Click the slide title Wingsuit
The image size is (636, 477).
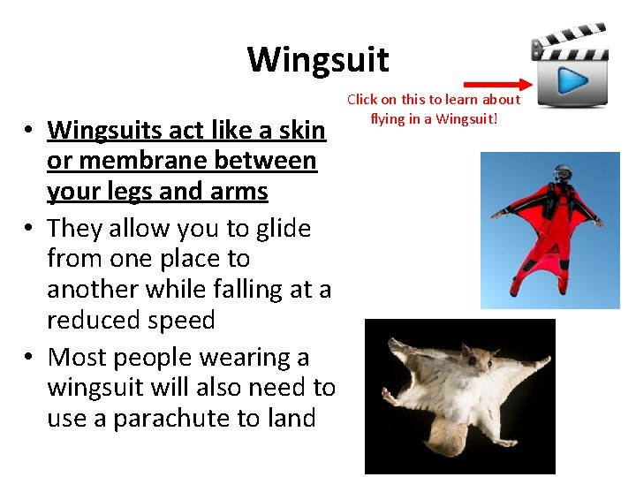[317, 59]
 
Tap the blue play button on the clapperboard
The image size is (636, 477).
[572, 81]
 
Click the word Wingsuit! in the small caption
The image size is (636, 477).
[473, 117]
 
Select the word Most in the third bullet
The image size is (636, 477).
[75, 357]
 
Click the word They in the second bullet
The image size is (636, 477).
[75, 228]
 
